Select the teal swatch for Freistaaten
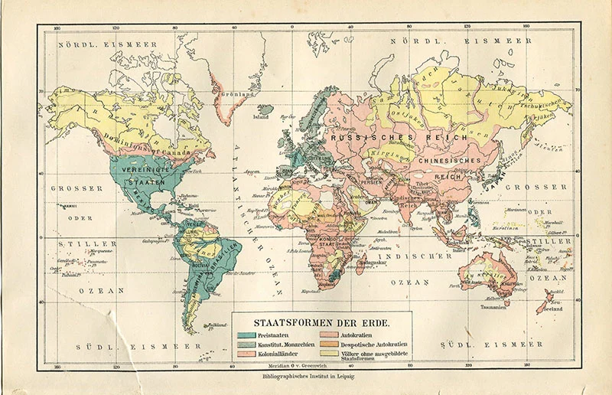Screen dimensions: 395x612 coord(247,335)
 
